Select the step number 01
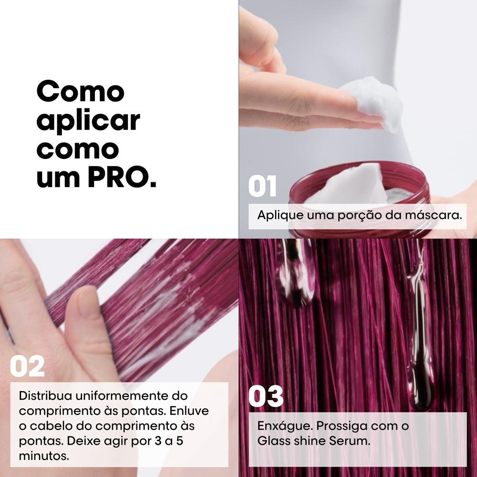click(262, 187)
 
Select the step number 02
click(28, 366)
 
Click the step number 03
click(266, 397)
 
